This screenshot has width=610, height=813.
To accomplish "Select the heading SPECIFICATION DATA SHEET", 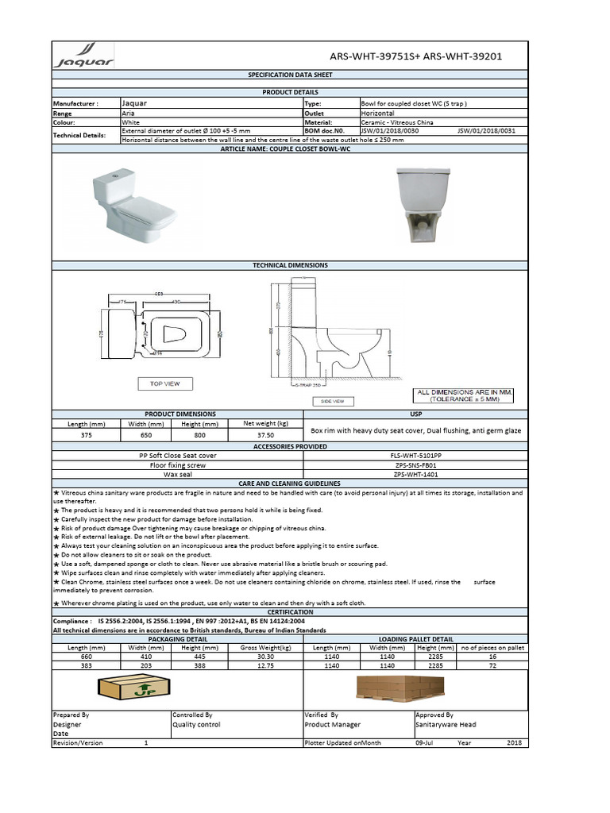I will coord(289,75).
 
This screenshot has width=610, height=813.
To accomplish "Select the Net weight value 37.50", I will coord(265,435).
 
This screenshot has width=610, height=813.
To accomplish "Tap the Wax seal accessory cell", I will coord(178,474).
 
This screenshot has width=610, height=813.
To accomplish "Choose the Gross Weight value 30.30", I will coord(265,657).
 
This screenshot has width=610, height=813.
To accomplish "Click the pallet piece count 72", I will coord(492,666).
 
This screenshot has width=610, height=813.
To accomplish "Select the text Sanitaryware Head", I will coord(446,724).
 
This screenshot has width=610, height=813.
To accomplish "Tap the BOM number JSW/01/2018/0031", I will coord(486,130).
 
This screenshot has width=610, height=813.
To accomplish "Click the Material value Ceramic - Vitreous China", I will coord(398,122).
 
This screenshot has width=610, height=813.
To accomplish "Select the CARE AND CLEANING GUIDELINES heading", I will coord(289,484).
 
